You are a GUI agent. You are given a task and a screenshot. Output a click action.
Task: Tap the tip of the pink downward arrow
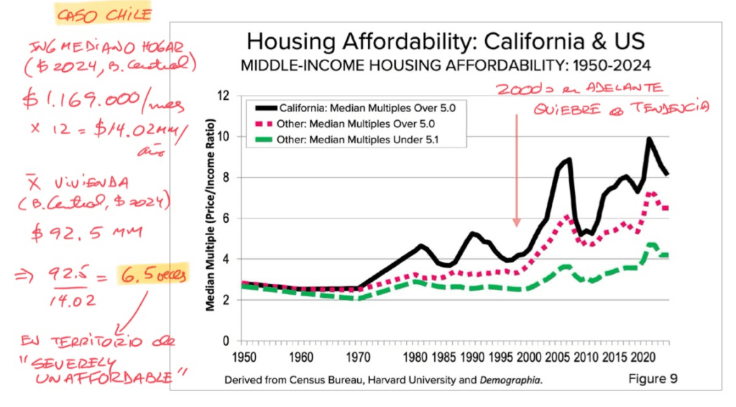click(516, 225)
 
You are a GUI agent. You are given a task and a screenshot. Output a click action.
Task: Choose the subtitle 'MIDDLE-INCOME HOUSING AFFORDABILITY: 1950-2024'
click(446, 65)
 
